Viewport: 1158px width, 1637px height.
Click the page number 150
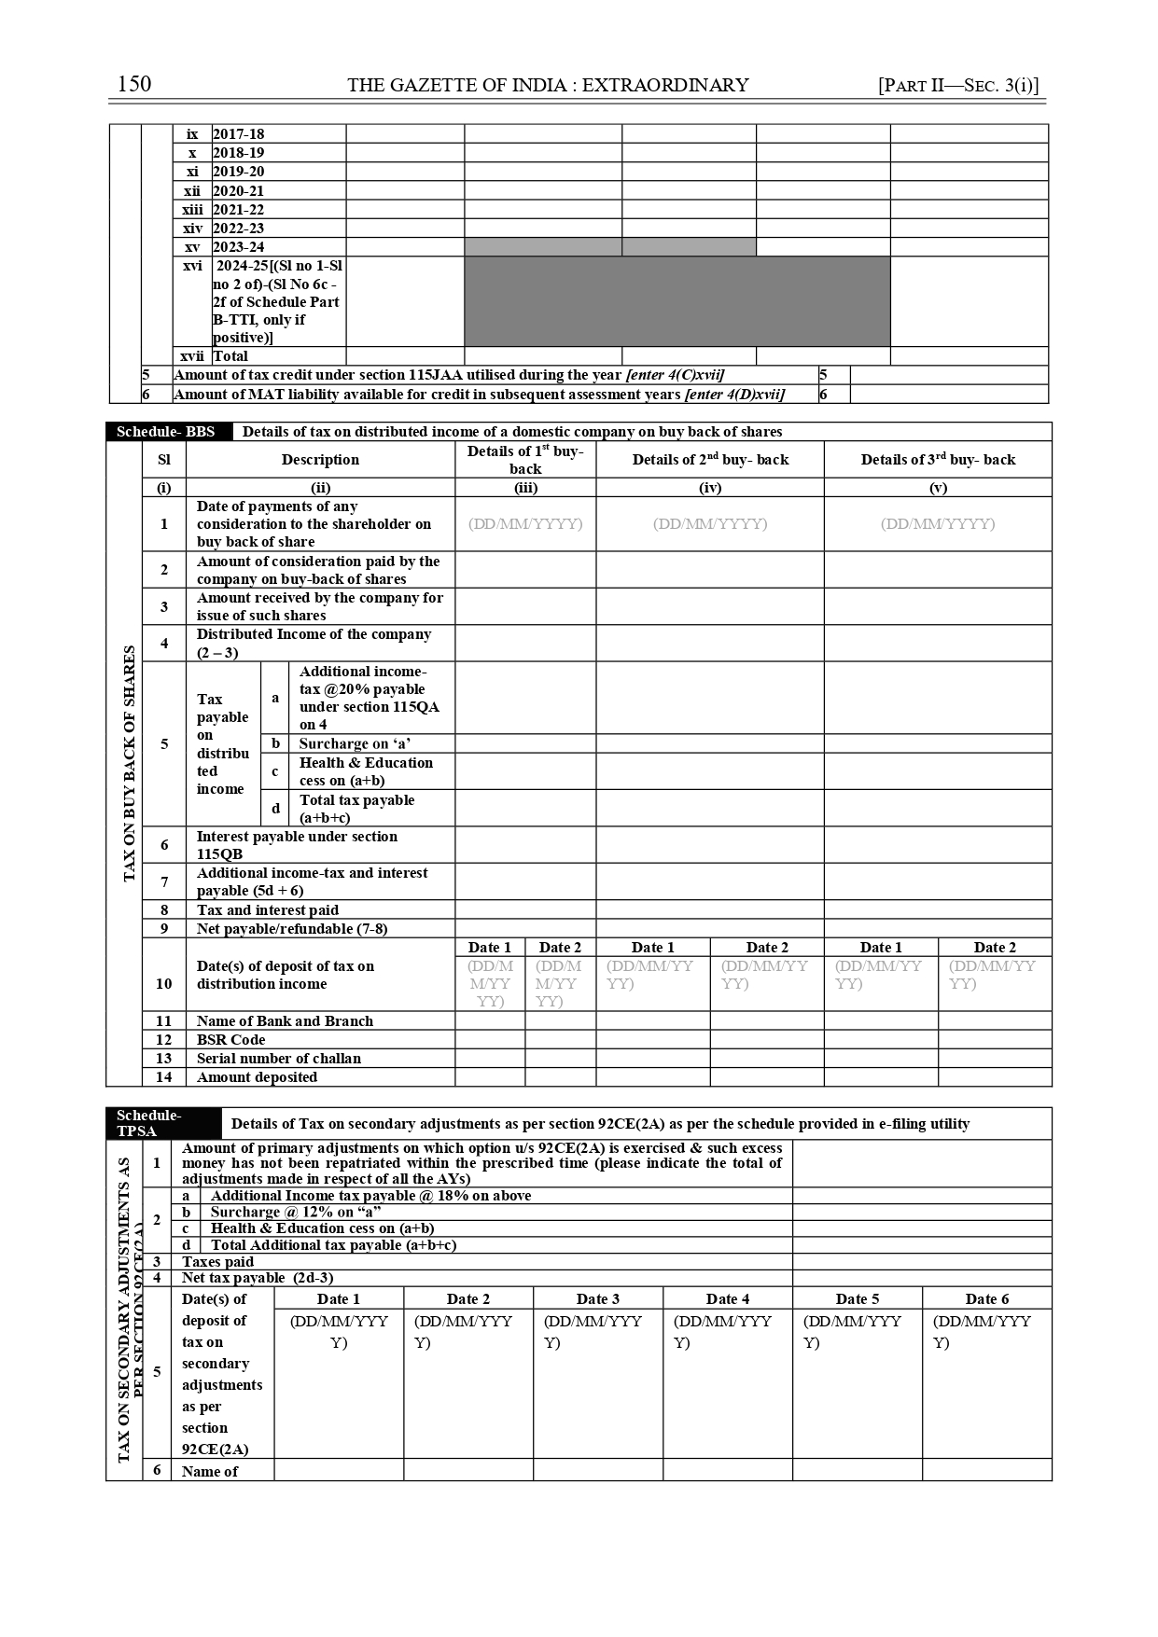(x=134, y=84)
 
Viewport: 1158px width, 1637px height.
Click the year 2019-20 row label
(x=238, y=172)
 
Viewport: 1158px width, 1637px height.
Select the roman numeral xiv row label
(x=192, y=229)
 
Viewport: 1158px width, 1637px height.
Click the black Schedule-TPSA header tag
(x=149, y=1123)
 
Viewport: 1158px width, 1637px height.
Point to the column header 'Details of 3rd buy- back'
(x=938, y=460)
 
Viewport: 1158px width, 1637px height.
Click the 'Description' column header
(x=320, y=460)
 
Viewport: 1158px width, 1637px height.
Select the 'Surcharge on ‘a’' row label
(x=355, y=744)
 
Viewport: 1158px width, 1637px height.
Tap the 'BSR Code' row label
(x=230, y=1040)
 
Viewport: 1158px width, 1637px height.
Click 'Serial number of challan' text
(x=278, y=1059)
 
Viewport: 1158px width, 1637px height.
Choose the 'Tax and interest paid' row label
(x=267, y=910)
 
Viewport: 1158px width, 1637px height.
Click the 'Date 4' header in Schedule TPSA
(x=727, y=1298)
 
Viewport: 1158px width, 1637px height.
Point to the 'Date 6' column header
(x=986, y=1298)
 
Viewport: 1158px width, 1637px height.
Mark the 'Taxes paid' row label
(x=217, y=1262)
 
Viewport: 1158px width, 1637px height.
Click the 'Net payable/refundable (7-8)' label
(x=291, y=929)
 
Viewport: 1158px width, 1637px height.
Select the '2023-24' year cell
(x=238, y=247)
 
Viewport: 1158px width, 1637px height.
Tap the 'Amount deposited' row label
(x=257, y=1077)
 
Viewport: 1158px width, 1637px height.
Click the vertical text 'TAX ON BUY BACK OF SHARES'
(x=130, y=763)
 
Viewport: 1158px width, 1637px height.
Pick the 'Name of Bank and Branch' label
(x=285, y=1021)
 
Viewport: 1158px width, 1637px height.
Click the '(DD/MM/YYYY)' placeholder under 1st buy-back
(x=525, y=524)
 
